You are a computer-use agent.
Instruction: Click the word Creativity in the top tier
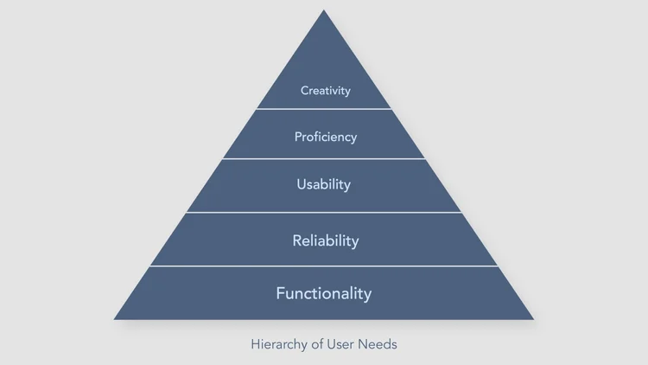(325, 90)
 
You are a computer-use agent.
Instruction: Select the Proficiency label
(325, 137)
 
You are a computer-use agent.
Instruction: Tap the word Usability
(324, 184)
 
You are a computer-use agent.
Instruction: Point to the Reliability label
(325, 240)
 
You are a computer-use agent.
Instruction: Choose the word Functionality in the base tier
(324, 293)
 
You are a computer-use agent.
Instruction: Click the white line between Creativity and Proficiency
(324, 109)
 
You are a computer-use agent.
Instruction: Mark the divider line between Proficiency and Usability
(324, 159)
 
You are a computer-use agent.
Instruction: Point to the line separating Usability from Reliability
(324, 212)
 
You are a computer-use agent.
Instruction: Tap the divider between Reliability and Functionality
(324, 266)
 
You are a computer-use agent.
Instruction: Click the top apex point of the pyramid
(324, 11)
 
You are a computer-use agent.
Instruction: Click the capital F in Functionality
(280, 293)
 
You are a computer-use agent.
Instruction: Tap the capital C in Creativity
(304, 90)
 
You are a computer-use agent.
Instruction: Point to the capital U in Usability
(301, 184)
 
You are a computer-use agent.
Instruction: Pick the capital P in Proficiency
(298, 137)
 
